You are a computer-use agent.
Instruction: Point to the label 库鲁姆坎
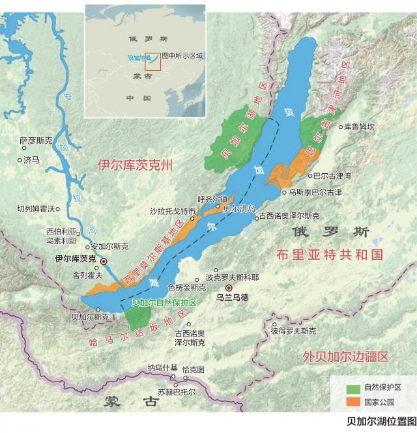pos(360,127)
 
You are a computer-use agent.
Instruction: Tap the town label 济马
pos(31,159)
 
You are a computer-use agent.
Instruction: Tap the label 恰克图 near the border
pos(194,369)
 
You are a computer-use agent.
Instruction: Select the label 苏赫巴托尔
pos(176,392)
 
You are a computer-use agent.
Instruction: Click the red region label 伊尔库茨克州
pos(136,165)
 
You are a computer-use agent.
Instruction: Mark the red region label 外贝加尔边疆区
pos(345,356)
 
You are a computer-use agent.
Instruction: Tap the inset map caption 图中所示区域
pos(183,56)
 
